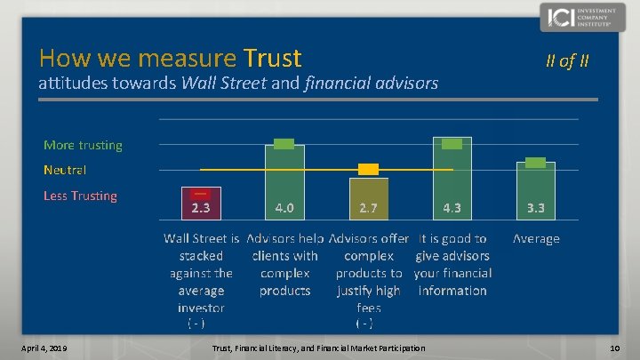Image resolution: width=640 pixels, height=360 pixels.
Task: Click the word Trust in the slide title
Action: point(270,59)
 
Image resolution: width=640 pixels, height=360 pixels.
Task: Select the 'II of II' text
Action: point(566,61)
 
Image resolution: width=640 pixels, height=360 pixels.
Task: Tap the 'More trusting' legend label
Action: point(83,145)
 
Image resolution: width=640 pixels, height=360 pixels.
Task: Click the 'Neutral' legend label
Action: point(65,169)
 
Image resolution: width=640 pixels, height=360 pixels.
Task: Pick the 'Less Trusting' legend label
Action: point(80,196)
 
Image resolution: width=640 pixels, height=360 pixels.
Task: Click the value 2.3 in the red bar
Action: point(201,208)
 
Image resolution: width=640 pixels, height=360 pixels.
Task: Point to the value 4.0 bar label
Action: point(285,208)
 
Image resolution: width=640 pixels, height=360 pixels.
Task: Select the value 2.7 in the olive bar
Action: point(368,208)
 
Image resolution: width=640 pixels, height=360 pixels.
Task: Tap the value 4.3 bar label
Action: point(452,208)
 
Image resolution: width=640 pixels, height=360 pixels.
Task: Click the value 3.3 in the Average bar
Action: point(536,208)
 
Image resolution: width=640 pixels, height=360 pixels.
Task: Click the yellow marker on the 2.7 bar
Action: point(368,169)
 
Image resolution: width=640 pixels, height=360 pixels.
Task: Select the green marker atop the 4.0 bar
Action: point(284,144)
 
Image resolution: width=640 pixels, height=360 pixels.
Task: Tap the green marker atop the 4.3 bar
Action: point(452,144)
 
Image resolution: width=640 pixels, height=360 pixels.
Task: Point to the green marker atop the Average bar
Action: point(535,162)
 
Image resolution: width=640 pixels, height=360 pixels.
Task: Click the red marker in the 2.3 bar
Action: point(201,193)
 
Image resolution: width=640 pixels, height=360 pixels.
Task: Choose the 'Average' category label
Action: point(536,238)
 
